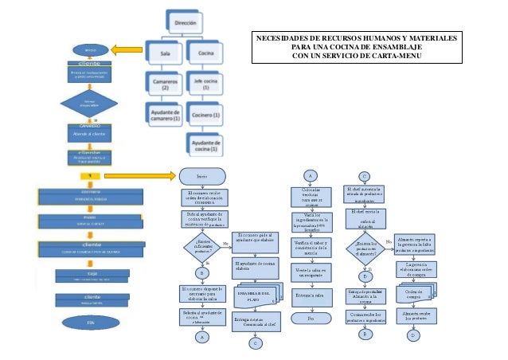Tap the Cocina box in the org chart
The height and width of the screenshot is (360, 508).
point(204,53)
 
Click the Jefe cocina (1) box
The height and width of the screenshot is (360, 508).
point(205,81)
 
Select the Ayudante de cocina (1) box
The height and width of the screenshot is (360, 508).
point(205,143)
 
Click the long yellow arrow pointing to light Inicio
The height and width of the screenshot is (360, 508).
point(139,174)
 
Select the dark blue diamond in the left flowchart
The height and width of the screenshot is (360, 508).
point(89,104)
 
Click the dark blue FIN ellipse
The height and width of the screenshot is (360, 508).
point(89,323)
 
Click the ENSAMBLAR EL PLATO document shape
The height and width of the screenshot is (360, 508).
point(253,294)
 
